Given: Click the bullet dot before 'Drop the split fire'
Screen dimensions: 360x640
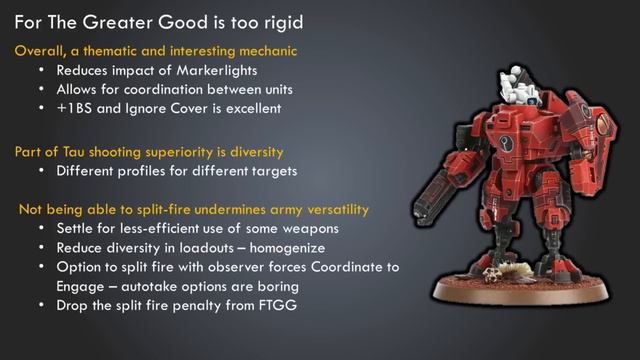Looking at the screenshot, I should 40,304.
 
